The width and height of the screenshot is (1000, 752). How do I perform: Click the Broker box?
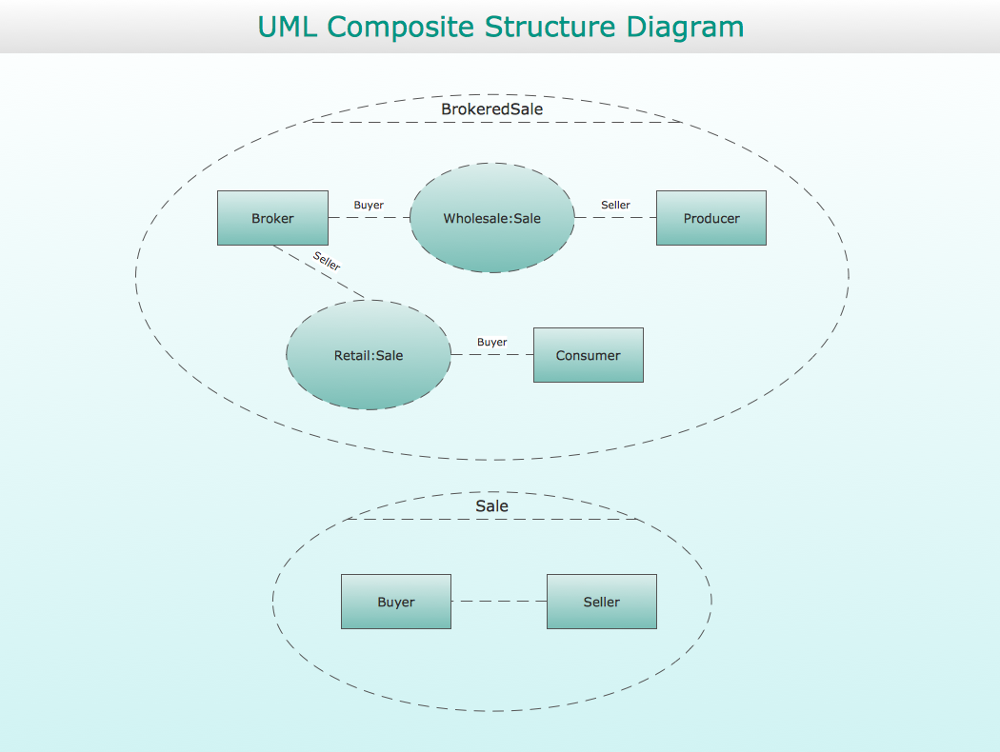[273, 218]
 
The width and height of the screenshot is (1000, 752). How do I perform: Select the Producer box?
[711, 218]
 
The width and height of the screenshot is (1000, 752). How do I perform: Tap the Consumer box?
[588, 355]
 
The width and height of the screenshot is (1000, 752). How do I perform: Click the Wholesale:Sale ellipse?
[492, 218]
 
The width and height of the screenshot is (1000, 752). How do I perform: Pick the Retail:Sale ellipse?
[369, 355]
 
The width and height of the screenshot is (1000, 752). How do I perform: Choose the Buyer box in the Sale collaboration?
[396, 602]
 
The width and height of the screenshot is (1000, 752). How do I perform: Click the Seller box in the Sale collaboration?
[601, 602]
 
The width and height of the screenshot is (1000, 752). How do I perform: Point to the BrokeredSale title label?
[492, 109]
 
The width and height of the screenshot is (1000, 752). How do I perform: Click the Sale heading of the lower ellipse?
[492, 506]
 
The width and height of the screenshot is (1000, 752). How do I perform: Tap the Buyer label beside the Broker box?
[369, 205]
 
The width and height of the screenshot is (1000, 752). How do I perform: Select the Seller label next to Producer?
[615, 205]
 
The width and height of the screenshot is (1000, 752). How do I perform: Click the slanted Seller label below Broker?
[327, 261]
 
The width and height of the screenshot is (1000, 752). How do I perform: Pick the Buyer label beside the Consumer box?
[492, 342]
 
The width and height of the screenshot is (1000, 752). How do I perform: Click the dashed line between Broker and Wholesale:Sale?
[370, 217]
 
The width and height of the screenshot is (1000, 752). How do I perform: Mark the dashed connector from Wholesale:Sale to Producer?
[615, 217]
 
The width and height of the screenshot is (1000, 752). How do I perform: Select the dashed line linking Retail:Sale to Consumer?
[492, 354]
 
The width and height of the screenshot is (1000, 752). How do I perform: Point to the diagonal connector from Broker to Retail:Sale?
[319, 272]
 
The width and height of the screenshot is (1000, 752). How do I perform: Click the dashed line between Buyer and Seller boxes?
[499, 601]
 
